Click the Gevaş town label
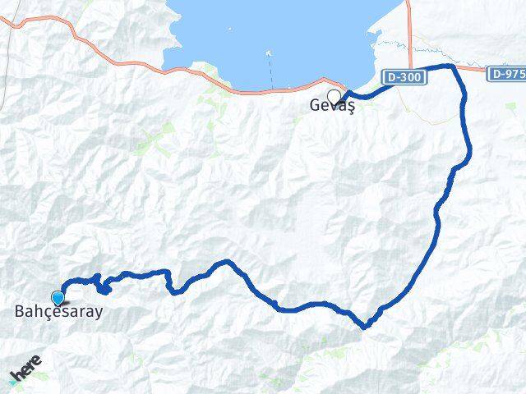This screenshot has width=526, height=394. pyautogui.click(x=332, y=106)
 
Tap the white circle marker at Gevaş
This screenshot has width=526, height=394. pyautogui.click(x=334, y=95)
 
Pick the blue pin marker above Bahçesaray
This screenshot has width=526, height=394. pyautogui.click(x=58, y=298)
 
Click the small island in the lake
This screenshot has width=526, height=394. pyautogui.click(x=268, y=53)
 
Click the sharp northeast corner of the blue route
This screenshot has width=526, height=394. pyautogui.click(x=451, y=66)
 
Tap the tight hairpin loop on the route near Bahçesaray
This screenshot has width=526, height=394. pyautogui.click(x=104, y=287)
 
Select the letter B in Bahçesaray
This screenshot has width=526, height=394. pyautogui.click(x=20, y=311)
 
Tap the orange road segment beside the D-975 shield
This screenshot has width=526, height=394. pyautogui.click(x=477, y=70)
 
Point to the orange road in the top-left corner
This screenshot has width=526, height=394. pyautogui.click(x=33, y=25)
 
